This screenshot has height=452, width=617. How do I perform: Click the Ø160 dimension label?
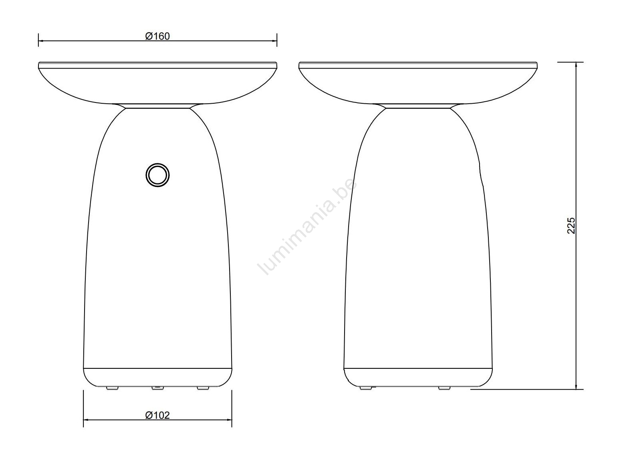[x=157, y=36]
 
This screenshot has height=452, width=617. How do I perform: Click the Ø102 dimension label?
[x=157, y=415]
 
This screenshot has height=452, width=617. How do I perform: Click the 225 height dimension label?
[x=571, y=226]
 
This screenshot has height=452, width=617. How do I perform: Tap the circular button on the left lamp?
[x=157, y=175]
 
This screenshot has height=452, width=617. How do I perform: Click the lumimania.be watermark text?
[x=307, y=227]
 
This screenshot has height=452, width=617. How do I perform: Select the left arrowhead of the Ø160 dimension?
[x=41, y=41]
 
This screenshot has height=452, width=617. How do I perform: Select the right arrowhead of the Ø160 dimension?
[x=274, y=41]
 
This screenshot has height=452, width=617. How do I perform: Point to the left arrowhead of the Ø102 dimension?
[x=86, y=420]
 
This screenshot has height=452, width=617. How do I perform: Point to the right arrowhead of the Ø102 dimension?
[x=229, y=420]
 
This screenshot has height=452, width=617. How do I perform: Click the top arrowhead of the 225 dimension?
[x=576, y=65]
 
